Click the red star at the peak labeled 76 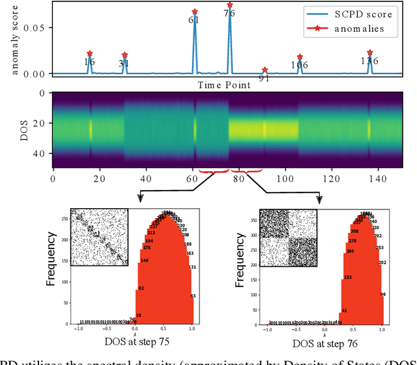click(x=229, y=5)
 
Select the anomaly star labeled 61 click(x=195, y=12)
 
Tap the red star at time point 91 click(x=265, y=70)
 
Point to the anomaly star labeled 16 click(x=90, y=53)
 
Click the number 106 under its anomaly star click(x=300, y=64)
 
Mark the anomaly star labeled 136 click(x=369, y=52)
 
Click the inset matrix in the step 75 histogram click(x=99, y=237)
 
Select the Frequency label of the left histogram click(x=54, y=267)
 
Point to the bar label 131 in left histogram click(x=192, y=267)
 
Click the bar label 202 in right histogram click(x=382, y=263)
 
